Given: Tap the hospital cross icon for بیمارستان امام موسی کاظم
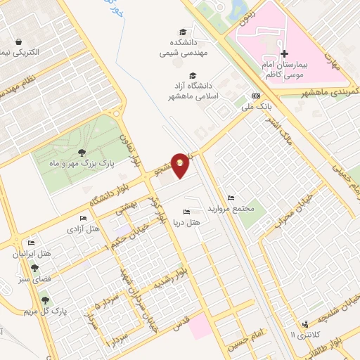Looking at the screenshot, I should pos(284,53).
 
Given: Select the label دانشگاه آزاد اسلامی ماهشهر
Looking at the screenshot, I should pos(190,91).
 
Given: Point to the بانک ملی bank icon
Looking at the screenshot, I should pos(256,96).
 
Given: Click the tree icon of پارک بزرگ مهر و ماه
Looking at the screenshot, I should pos(83,153).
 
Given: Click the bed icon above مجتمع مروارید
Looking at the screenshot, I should pos(231,198).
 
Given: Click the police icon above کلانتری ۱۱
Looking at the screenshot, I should pos(305,324).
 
